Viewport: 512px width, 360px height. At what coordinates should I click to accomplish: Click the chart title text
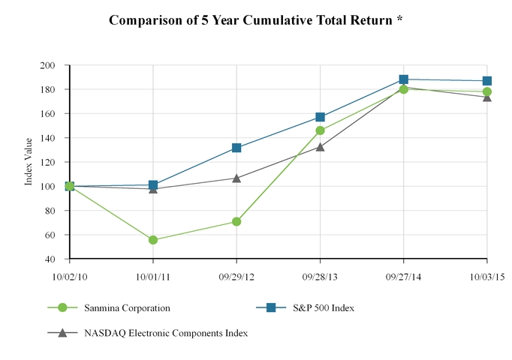[x=256, y=20]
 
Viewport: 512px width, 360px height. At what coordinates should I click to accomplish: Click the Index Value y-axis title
[x=29, y=161]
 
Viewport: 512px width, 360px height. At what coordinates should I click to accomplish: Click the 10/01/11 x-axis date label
[x=153, y=276]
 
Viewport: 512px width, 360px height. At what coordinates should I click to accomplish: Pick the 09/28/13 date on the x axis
[x=321, y=276]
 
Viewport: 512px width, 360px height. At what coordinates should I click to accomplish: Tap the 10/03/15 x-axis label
[x=487, y=276]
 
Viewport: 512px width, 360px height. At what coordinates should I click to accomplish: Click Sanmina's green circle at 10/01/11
[x=153, y=240]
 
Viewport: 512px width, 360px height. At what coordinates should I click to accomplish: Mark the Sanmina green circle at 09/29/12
[x=236, y=222]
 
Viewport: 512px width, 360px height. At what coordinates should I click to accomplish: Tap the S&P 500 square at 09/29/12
[x=236, y=148]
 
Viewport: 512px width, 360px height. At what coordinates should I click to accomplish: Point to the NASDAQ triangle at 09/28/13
[x=321, y=147]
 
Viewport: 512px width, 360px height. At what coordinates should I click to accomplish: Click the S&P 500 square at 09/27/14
[x=404, y=79]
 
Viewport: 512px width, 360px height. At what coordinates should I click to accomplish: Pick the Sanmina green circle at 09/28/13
[x=321, y=130]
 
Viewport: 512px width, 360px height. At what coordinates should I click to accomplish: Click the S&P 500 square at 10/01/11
[x=153, y=184]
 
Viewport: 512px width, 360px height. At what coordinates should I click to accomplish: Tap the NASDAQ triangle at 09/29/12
[x=236, y=178]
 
